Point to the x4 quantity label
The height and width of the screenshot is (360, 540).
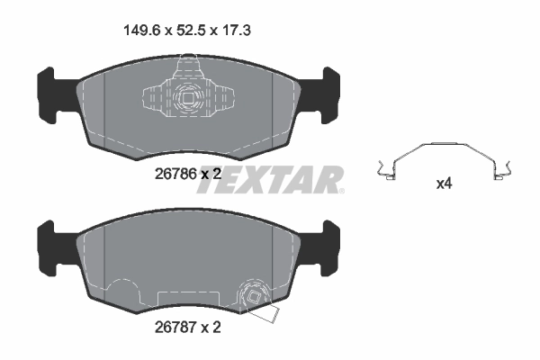[x=444, y=184]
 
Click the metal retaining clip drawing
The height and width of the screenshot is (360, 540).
[x=445, y=158]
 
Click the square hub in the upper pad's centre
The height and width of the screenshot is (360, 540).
[x=186, y=101]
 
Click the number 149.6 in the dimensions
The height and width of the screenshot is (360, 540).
[x=141, y=31]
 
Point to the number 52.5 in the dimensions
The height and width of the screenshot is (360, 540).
[x=189, y=31]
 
